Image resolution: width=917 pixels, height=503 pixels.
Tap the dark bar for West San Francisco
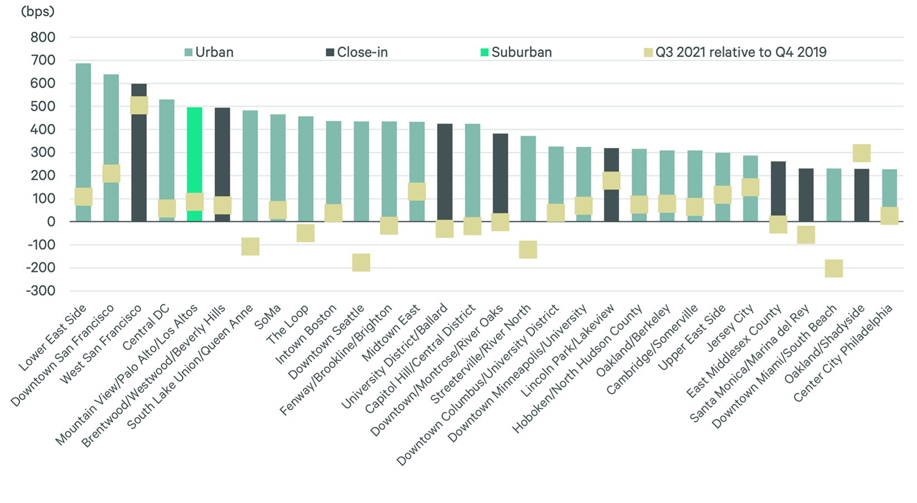pyautogui.click(x=139, y=167)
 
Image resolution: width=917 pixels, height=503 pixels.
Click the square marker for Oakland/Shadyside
pyautogui.click(x=861, y=153)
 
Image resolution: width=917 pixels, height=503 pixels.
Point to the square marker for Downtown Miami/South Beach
pyautogui.click(x=833, y=269)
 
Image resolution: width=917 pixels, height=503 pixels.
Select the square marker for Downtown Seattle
pyautogui.click(x=361, y=262)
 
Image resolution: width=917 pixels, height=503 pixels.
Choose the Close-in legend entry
pyautogui.click(x=357, y=52)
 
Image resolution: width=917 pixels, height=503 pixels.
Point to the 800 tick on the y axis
pyautogui.click(x=43, y=37)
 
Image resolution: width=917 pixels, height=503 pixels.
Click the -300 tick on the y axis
pyautogui.click(x=41, y=291)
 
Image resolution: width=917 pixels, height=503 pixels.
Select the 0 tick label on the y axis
pyautogui.click(x=51, y=222)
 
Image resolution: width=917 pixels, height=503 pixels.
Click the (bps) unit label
pyautogui.click(x=37, y=12)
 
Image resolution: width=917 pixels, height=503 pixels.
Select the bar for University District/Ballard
pyautogui.click(x=445, y=167)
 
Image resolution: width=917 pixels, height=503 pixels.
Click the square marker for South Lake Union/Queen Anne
pyautogui.click(x=250, y=246)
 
